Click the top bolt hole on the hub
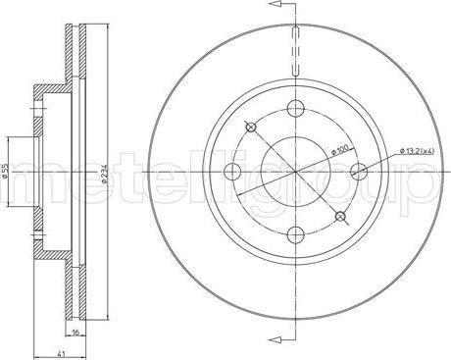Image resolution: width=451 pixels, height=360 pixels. point(293,110)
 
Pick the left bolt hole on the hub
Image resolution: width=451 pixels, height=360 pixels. point(232,173)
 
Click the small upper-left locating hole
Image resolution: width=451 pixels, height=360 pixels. point(251,127)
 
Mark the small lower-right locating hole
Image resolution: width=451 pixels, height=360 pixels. point(339,216)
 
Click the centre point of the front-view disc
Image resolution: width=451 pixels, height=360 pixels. point(294,172)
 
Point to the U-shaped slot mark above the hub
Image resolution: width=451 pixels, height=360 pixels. point(295,51)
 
